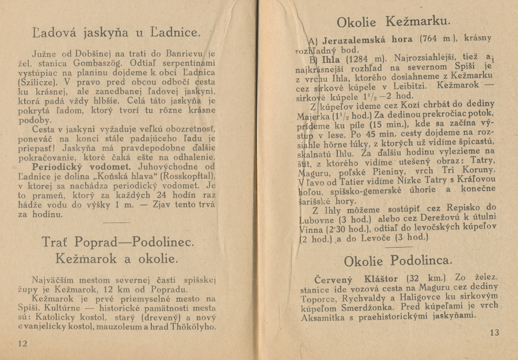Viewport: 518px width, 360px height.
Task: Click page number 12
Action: click(22, 344)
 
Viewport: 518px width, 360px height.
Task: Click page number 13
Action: click(495, 333)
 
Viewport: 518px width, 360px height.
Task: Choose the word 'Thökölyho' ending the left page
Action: click(191, 327)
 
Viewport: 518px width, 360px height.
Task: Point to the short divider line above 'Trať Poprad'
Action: click(118, 222)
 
